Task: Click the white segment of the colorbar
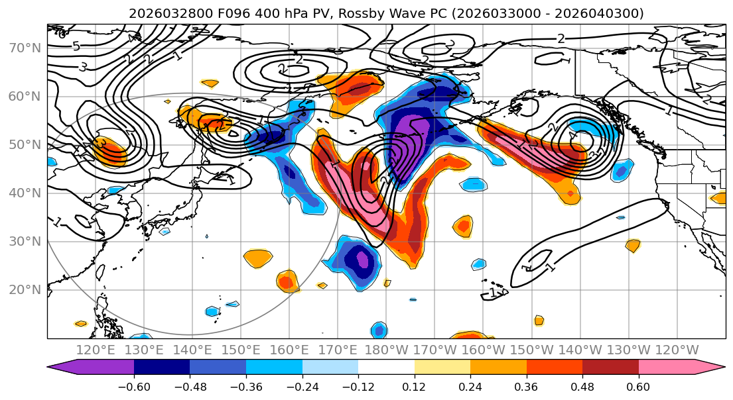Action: click(386, 368)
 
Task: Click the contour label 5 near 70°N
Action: click(76, 46)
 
